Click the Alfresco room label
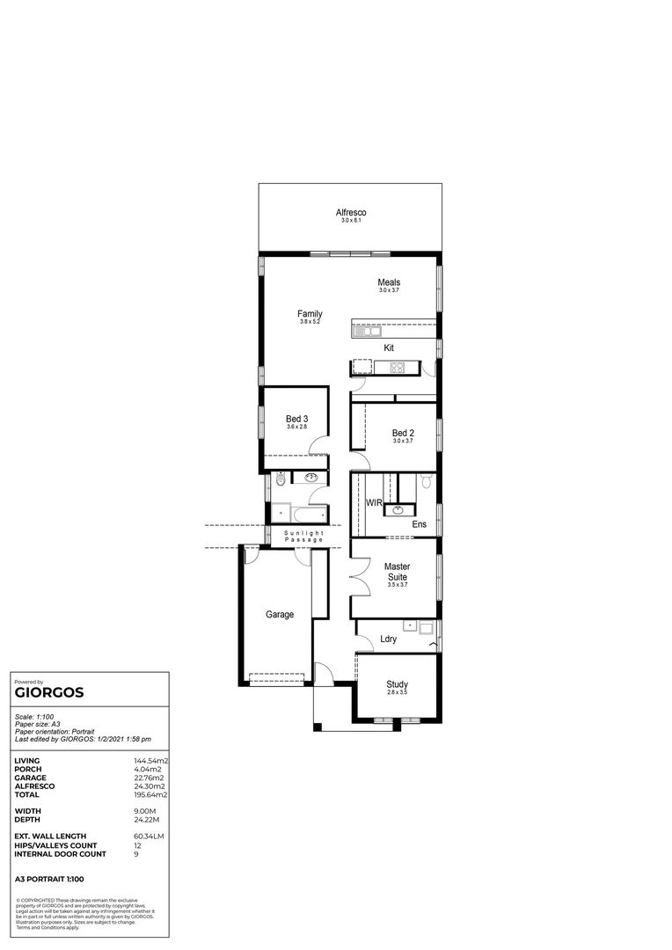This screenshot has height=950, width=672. point(350,213)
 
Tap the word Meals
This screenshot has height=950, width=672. point(389,282)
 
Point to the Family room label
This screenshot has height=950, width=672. point(310,314)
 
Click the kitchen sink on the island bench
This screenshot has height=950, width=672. point(365,332)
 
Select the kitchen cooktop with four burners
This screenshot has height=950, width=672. point(397,367)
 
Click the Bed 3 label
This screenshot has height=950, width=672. point(296,419)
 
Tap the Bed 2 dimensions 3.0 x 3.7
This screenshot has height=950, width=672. point(403,441)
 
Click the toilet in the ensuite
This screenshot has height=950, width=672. point(425,481)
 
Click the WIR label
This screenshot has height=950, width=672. point(373,503)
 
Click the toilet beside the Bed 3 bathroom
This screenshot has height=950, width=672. point(280,480)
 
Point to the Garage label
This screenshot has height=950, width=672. point(280,615)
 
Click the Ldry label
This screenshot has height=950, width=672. point(388,639)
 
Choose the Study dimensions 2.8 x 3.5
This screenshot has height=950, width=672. point(397,693)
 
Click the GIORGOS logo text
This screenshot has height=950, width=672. point(49,692)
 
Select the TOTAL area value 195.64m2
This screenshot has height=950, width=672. point(150,794)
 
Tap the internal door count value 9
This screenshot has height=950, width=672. point(135,854)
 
